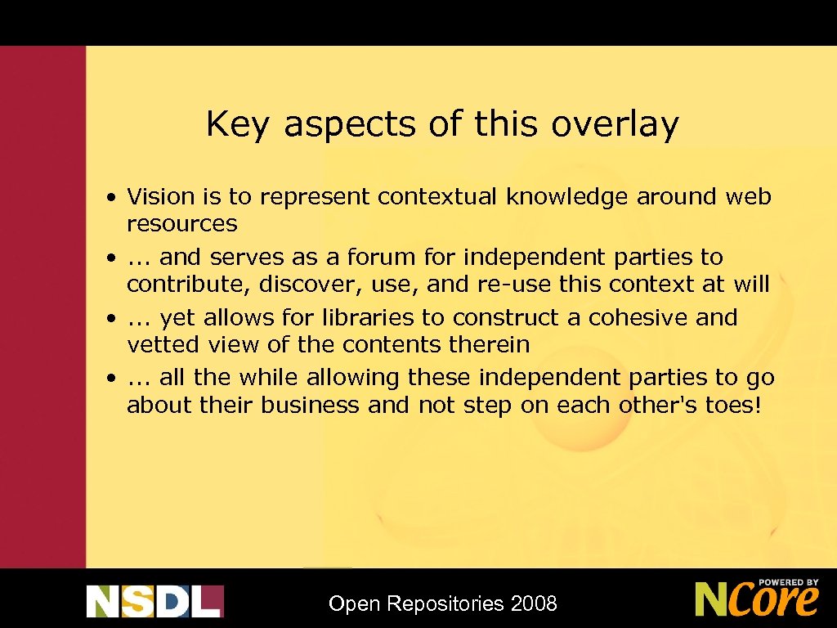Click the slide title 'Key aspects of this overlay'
pos(442,124)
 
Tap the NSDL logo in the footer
pos(154,601)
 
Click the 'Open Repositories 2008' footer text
pos(442,604)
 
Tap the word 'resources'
pos(181,224)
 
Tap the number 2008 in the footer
pos(534,604)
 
